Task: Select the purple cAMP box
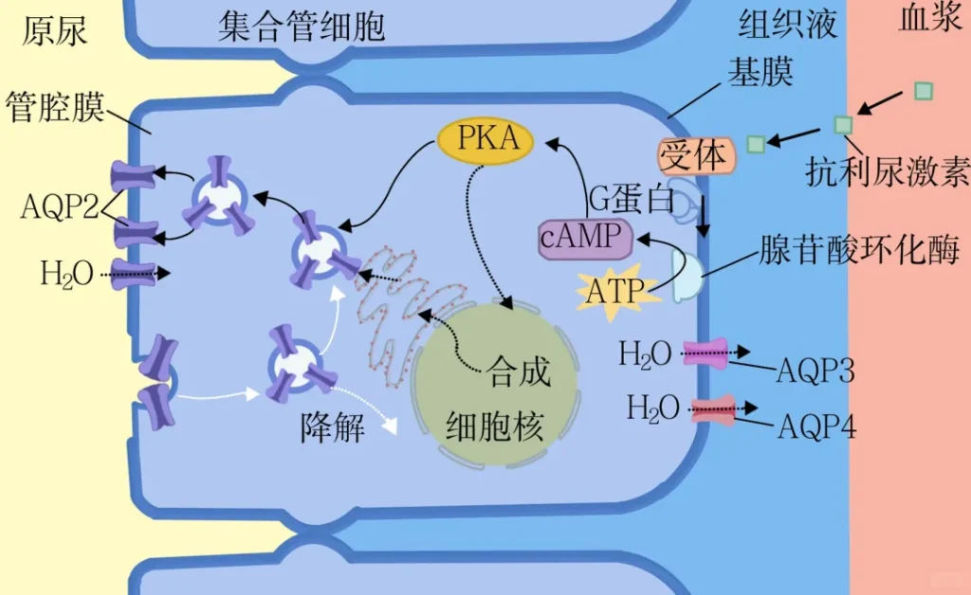click(x=584, y=237)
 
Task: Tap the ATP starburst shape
click(x=614, y=290)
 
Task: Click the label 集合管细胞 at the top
click(x=302, y=27)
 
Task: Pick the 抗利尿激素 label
click(x=887, y=171)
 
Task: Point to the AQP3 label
click(x=815, y=370)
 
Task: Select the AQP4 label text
click(x=816, y=427)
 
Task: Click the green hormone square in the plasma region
click(x=923, y=91)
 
